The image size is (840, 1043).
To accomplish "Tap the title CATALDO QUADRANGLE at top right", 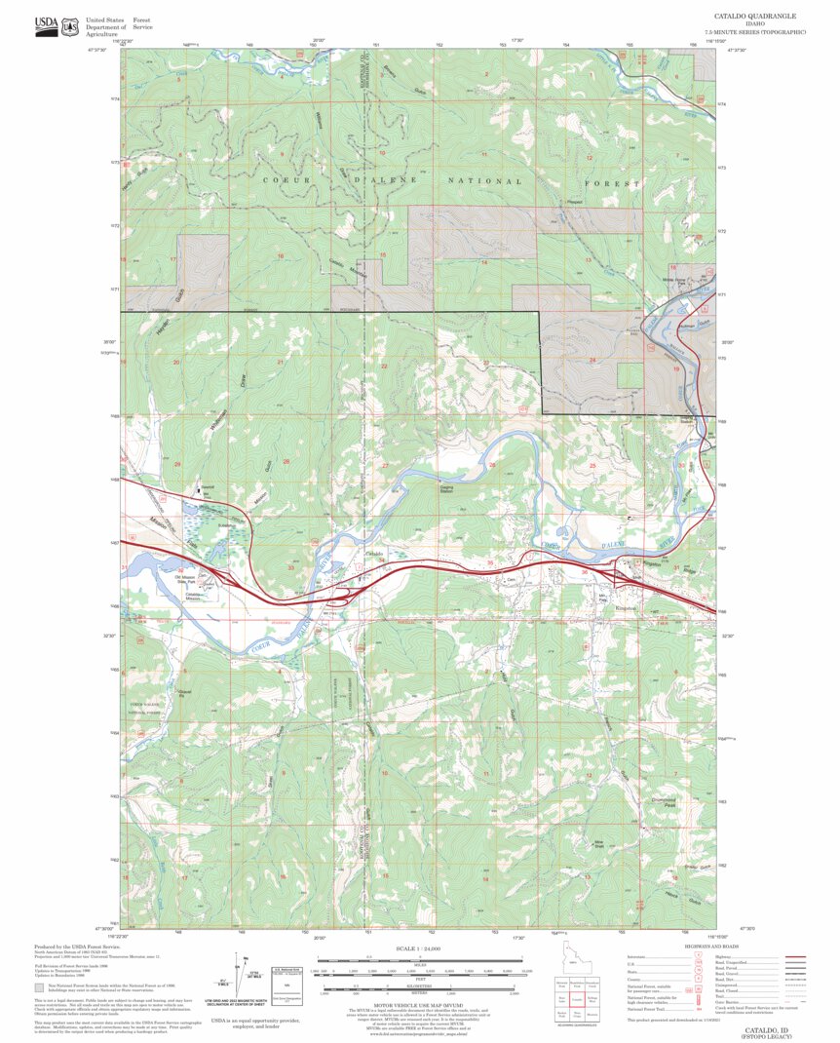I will click(755, 17).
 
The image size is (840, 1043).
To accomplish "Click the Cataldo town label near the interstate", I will click(375, 554).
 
